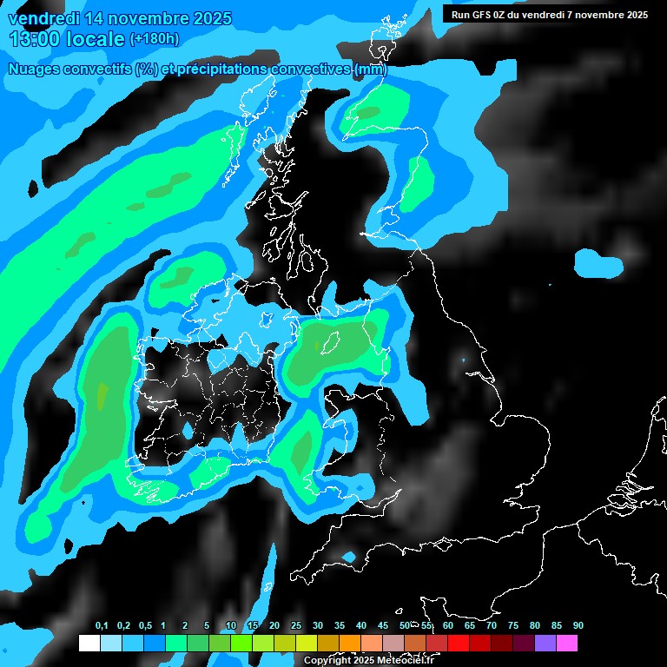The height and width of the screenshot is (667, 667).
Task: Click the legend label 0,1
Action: (x=102, y=626)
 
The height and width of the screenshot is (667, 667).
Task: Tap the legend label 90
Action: (x=578, y=626)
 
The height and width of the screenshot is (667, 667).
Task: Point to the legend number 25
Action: (x=296, y=626)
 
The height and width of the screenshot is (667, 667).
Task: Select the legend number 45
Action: (x=383, y=626)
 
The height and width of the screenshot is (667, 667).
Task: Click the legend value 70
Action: (x=491, y=626)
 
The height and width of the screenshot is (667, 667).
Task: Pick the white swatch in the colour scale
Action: (x=89, y=644)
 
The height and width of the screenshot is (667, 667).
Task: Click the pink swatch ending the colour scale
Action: (x=566, y=644)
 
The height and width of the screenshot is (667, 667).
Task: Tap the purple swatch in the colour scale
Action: (x=545, y=644)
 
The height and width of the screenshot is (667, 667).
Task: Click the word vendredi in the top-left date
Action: (x=43, y=18)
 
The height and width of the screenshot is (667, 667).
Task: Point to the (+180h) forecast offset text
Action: (x=155, y=39)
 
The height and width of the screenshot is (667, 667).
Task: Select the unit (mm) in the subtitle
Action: (x=371, y=69)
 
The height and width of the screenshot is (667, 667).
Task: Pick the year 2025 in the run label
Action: (x=634, y=15)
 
